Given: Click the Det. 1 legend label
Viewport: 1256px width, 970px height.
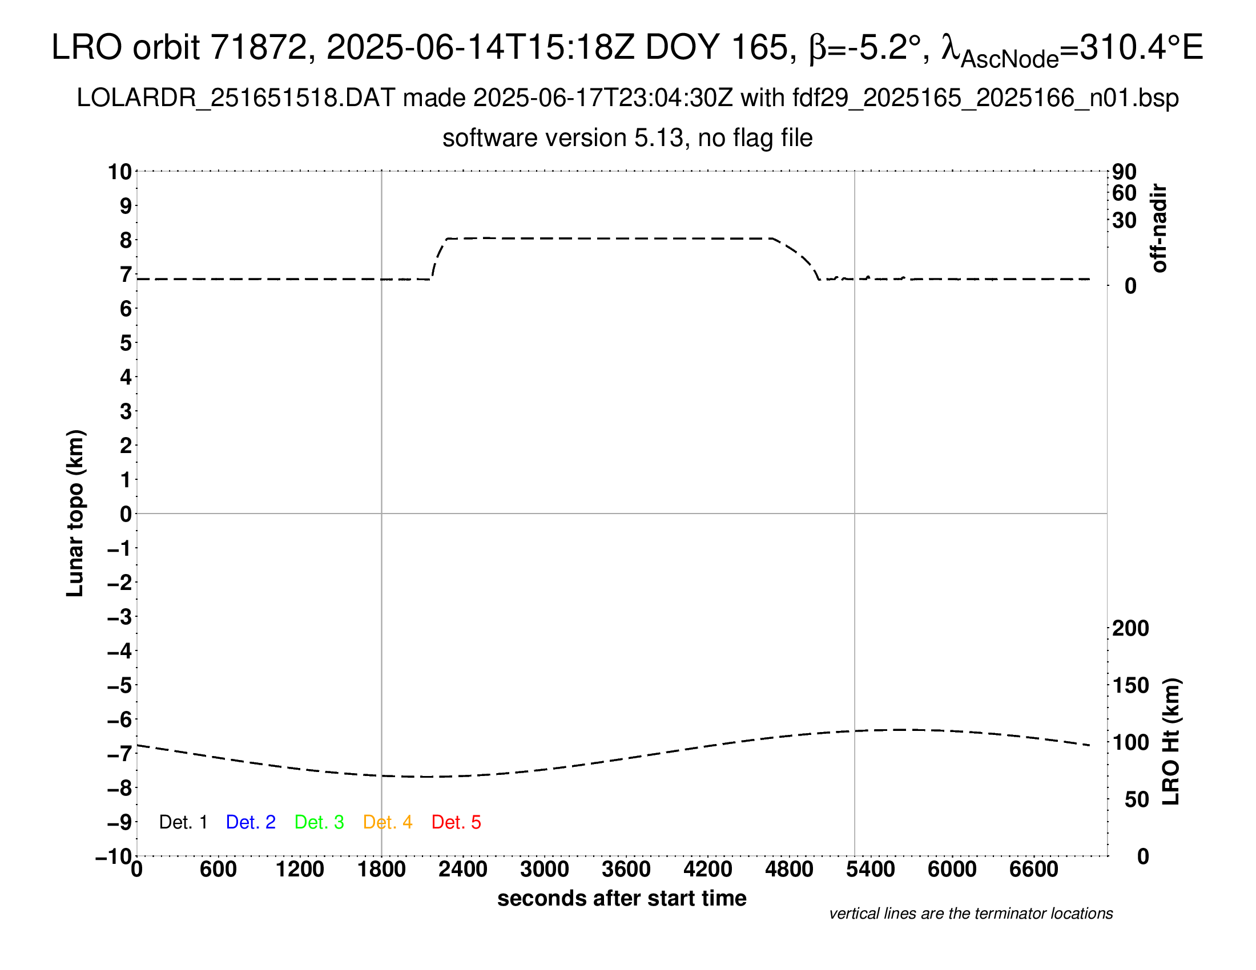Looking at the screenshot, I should tap(183, 822).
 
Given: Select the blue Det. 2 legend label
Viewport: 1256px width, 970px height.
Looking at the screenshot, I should tap(251, 822).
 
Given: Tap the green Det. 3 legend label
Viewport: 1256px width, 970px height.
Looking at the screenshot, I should tap(319, 822).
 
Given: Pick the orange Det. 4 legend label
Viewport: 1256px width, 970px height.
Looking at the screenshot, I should tap(388, 822).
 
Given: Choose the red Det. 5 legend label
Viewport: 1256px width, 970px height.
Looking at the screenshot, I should tap(456, 822).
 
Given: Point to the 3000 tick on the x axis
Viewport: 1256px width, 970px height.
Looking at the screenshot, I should tap(545, 869).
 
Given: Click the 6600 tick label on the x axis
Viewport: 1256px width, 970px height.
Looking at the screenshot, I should tap(1033, 869).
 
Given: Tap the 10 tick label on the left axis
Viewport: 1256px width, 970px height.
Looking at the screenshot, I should tap(120, 171).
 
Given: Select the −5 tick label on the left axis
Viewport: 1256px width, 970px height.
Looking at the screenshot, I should tap(119, 685).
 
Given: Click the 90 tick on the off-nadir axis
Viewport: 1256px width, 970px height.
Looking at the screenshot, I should tap(1124, 172).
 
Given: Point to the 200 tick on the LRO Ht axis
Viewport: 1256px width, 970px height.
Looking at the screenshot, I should tap(1130, 628).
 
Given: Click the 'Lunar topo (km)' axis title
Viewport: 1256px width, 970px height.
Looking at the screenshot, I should tap(75, 513).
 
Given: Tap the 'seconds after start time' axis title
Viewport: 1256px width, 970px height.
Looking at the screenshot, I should tap(622, 898).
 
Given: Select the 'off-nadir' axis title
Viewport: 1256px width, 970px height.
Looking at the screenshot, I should tap(1159, 228).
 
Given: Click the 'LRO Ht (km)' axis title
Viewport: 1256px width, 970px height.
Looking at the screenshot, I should tap(1171, 742).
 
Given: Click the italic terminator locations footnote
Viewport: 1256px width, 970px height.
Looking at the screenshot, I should tap(971, 914).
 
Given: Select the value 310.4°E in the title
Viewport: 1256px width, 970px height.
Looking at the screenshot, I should tap(1141, 47).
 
